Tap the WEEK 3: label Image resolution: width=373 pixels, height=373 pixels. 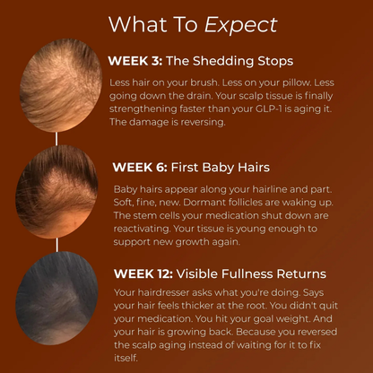(x=135, y=62)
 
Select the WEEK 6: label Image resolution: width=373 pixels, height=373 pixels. (x=139, y=167)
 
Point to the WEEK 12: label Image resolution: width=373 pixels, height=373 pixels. (x=143, y=273)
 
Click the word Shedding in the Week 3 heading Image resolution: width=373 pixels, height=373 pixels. (x=225, y=62)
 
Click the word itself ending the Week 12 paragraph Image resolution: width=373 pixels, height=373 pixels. (x=128, y=359)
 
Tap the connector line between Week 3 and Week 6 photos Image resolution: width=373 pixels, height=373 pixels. (x=58, y=138)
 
